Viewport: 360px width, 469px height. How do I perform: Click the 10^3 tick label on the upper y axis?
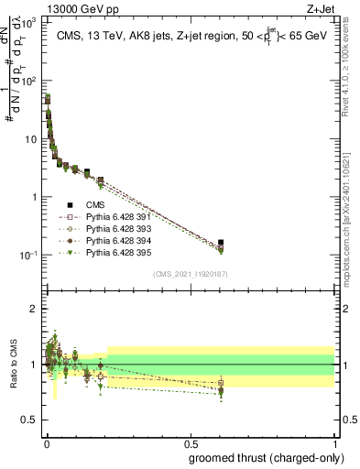click(29, 23)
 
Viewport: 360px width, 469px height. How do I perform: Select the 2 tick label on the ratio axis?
click(35, 309)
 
